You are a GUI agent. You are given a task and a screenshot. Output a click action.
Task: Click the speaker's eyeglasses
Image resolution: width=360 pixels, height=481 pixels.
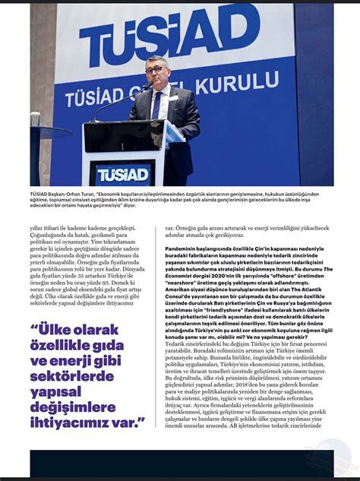point(156,69)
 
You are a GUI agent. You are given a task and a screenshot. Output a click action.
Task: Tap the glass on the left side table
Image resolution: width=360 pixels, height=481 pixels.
point(35,119)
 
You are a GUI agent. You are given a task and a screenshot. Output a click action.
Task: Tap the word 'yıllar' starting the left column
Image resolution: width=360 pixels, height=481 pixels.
point(36,227)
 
